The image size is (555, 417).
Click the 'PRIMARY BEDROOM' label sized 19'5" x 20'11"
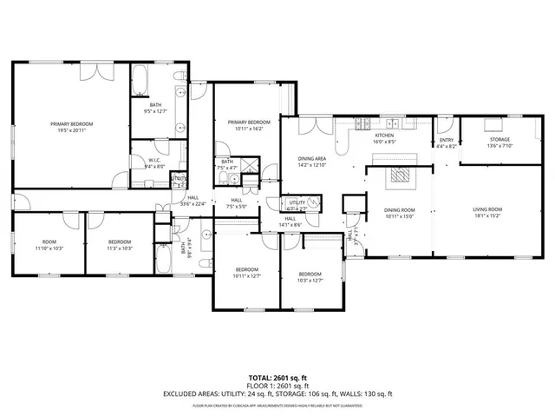click(x=71, y=124)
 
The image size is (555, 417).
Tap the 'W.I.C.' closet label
click(x=153, y=160)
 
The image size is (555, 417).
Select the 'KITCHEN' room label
click(x=384, y=136)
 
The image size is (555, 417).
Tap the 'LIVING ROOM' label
click(x=487, y=209)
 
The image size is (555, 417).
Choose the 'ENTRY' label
click(x=447, y=141)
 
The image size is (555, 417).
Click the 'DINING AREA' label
click(x=312, y=159)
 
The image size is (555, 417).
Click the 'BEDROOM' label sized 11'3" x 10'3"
click(x=120, y=242)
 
